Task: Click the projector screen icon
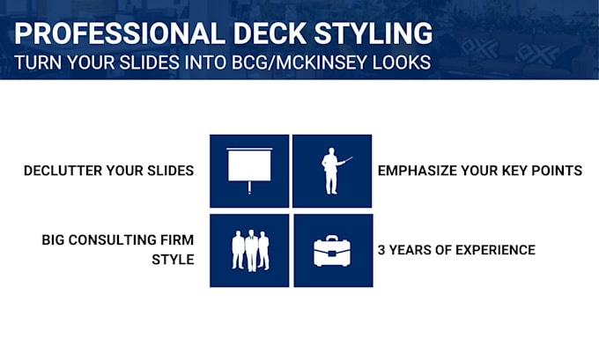tap(249, 170)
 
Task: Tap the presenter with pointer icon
tap(333, 170)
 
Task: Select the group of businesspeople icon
tap(249, 250)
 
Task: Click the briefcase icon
tap(333, 250)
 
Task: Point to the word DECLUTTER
tap(65, 171)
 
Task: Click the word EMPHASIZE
tap(417, 171)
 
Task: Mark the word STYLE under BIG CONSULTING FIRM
tap(174, 260)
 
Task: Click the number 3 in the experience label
tap(381, 250)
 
